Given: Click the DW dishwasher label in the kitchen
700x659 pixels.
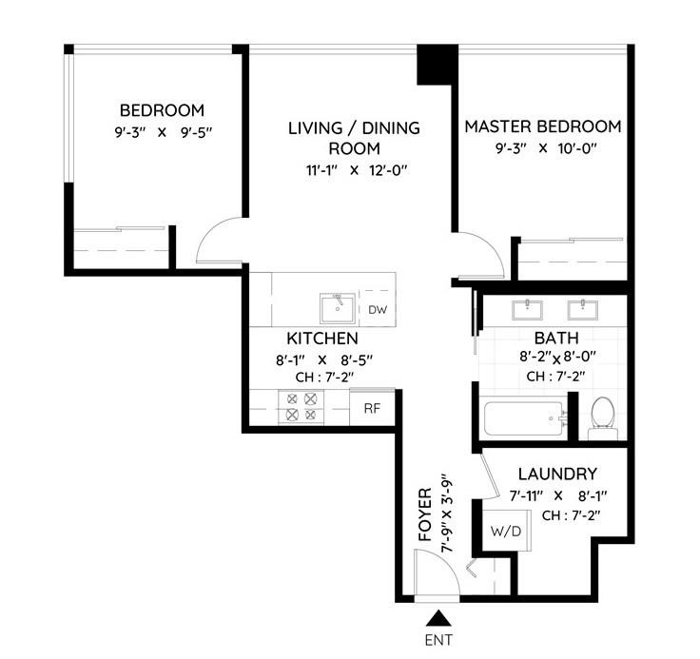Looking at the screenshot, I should [x=378, y=310].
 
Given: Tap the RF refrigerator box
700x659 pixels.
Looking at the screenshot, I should [x=371, y=409].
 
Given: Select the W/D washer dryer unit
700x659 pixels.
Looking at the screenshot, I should [x=505, y=531].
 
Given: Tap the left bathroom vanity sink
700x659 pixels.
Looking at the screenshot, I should [x=523, y=308].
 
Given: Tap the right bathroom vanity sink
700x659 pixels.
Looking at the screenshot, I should [x=578, y=308].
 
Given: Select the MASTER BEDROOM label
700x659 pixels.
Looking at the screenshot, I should [x=542, y=126].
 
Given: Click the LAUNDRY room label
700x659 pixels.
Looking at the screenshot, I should [x=557, y=474].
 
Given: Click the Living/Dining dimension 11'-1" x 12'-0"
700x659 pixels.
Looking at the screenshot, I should [x=354, y=170].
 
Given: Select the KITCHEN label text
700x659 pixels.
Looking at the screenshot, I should [x=322, y=339].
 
